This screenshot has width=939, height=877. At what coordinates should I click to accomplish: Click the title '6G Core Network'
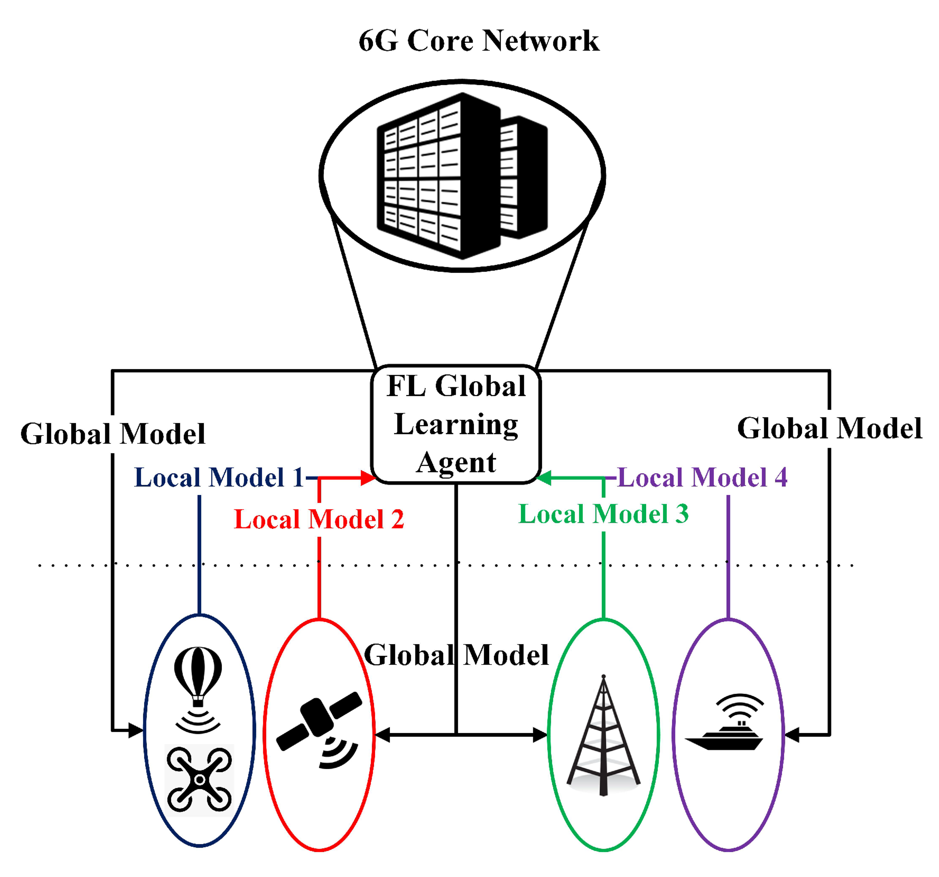click(x=478, y=41)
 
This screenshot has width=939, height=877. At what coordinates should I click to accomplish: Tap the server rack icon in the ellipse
click(x=462, y=176)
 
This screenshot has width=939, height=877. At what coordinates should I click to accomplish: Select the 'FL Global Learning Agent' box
click(x=456, y=424)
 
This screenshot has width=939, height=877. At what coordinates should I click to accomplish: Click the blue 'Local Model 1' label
click(x=219, y=477)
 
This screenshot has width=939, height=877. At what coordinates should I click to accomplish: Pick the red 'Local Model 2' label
click(x=319, y=519)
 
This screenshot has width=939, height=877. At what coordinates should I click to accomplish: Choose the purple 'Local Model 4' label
click(x=702, y=477)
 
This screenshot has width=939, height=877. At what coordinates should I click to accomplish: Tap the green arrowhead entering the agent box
click(x=544, y=478)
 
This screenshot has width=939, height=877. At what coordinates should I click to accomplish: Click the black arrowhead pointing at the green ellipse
click(x=540, y=735)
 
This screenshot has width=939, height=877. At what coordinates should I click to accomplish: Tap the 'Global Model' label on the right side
click(x=829, y=428)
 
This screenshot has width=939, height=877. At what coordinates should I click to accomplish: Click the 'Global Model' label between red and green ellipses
click(x=456, y=655)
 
